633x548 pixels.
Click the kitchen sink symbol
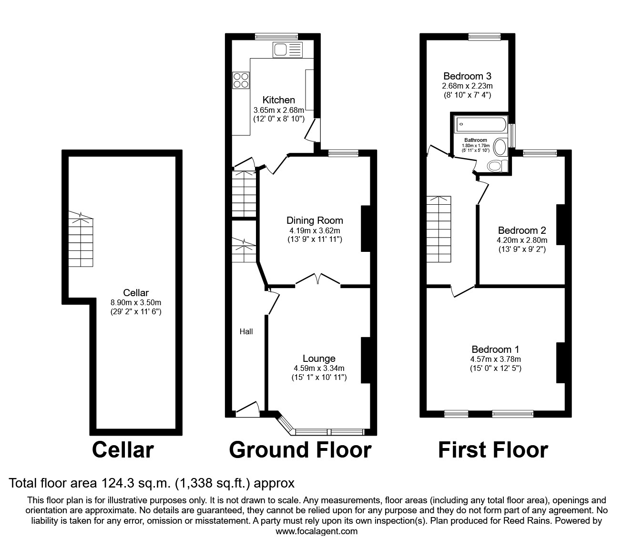click(287, 50)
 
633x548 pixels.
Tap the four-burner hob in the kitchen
click(241, 80)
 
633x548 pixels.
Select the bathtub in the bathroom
click(480, 125)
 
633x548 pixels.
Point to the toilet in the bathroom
click(497, 165)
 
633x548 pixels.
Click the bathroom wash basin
click(500, 147)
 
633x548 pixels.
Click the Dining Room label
click(315, 220)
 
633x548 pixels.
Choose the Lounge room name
click(319, 359)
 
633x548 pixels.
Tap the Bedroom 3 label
click(467, 76)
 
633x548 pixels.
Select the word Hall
click(246, 331)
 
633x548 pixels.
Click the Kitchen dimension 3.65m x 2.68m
click(279, 110)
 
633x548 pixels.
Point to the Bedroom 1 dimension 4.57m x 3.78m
click(496, 359)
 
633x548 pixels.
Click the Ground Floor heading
click(300, 450)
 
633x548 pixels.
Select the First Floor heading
click(493, 450)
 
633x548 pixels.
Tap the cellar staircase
click(81, 240)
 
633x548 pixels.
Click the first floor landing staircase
click(439, 229)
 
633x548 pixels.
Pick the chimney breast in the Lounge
click(366, 360)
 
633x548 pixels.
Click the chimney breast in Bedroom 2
click(561, 224)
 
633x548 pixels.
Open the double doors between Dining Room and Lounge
click(318, 280)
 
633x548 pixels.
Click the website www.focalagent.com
click(316, 531)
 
